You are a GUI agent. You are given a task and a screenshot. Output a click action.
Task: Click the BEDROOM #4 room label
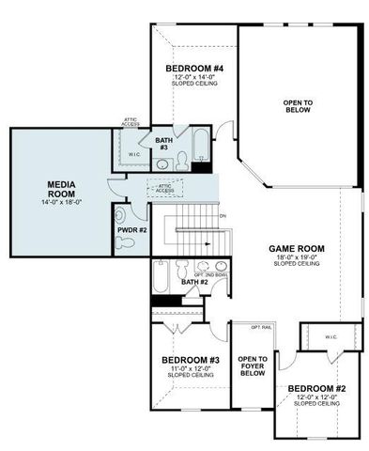tap(194, 69)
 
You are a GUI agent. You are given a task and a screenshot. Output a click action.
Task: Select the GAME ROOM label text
tap(297, 248)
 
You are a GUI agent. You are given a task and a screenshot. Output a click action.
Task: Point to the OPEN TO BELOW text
tap(298, 104)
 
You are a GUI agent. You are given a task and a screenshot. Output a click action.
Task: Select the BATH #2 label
tap(193, 282)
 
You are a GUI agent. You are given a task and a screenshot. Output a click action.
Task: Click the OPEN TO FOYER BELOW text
tap(253, 365)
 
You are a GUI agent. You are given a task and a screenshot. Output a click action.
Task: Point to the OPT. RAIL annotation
tap(259, 327)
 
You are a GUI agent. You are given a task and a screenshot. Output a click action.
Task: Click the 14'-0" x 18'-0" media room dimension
tap(61, 202)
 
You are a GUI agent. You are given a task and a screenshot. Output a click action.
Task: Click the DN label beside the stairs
tap(223, 217)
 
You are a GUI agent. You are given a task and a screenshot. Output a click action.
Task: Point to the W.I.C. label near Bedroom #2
tap(331, 337)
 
